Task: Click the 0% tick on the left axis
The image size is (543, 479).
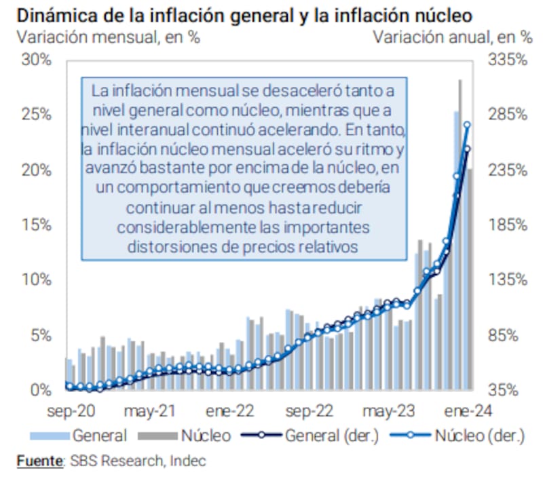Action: point(40,390)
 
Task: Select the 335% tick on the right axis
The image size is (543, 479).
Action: point(507,60)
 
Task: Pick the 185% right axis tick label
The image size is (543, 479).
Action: point(507,225)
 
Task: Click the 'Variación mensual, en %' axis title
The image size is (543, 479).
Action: point(109,38)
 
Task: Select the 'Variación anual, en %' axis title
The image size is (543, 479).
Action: point(452,38)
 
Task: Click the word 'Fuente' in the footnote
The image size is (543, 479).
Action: point(39,461)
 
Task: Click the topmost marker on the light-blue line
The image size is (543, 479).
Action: point(467,125)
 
